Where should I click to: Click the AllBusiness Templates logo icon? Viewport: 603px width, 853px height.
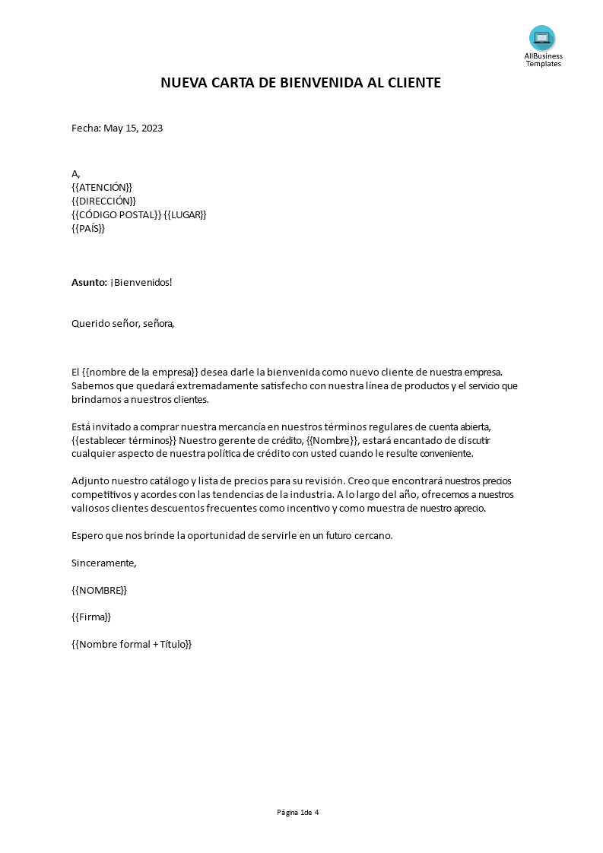click(542, 38)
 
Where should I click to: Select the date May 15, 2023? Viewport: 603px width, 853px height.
click(133, 128)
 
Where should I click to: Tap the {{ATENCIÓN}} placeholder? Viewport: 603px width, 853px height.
click(102, 187)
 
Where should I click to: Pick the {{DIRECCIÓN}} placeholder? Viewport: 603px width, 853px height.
click(103, 201)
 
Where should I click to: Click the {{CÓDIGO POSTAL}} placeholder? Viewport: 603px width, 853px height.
click(116, 214)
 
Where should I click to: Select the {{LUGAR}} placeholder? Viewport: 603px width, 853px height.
click(186, 214)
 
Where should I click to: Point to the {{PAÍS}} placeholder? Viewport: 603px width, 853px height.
click(88, 228)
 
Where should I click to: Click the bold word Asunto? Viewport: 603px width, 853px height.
click(89, 282)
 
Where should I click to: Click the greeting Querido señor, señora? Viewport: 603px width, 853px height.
click(122, 323)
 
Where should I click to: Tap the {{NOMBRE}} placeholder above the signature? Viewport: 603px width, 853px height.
click(100, 590)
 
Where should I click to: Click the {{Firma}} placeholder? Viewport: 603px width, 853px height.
click(91, 617)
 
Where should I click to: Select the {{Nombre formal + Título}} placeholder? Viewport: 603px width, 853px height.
click(132, 644)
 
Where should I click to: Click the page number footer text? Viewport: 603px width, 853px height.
click(298, 812)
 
